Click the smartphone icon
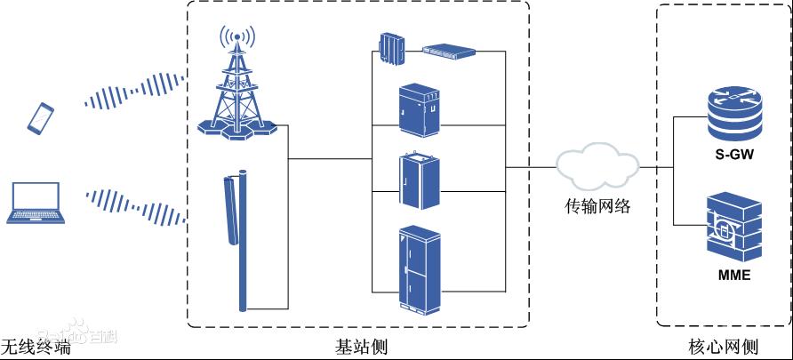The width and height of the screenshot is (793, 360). (41, 118)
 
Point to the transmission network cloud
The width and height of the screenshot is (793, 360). (597, 166)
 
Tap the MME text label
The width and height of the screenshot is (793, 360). (733, 275)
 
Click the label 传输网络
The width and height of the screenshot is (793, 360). (598, 207)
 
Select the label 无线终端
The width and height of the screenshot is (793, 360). (35, 346)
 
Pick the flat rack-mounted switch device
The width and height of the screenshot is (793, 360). (449, 52)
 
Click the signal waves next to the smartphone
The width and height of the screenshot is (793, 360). (132, 92)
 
